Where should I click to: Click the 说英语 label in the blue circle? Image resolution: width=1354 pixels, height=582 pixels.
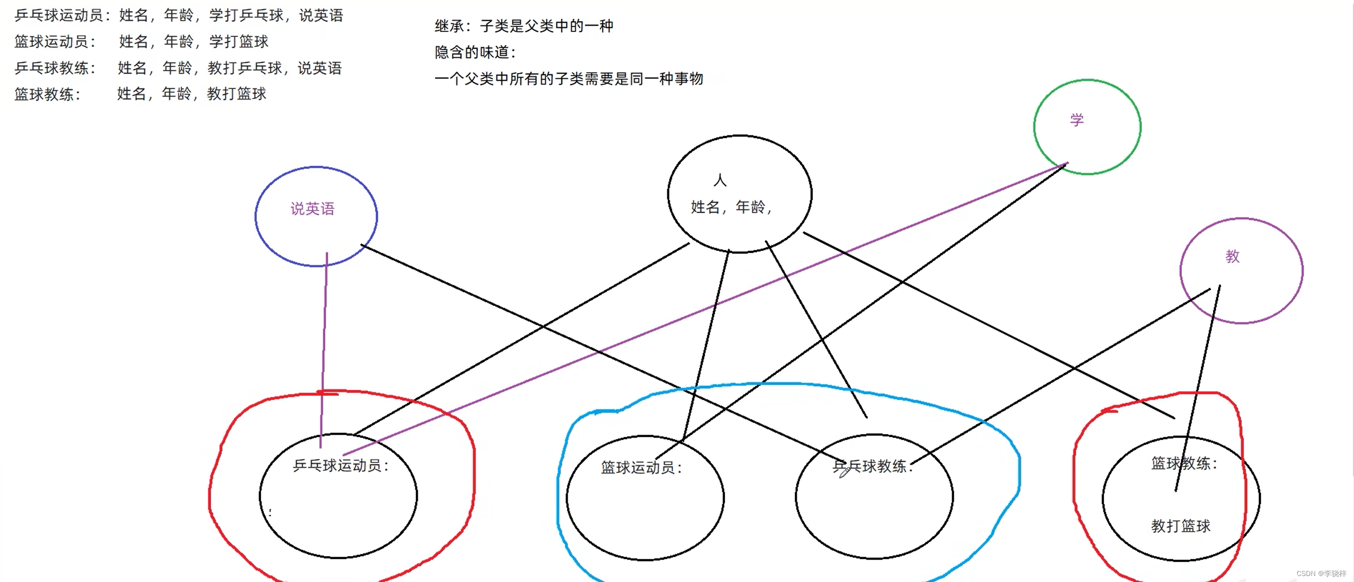(312, 209)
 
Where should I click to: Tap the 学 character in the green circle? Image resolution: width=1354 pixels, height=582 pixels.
(1077, 120)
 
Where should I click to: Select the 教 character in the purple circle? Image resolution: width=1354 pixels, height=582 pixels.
(1232, 256)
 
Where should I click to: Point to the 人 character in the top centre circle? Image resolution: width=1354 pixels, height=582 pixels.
(720, 181)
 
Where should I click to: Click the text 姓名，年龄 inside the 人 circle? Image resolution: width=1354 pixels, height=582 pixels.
(731, 207)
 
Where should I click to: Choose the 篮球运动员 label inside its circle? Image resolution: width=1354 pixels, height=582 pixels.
(641, 467)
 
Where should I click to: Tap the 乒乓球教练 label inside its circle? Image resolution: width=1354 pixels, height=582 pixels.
(872, 466)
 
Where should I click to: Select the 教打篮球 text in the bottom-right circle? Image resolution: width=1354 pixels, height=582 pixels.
(1181, 526)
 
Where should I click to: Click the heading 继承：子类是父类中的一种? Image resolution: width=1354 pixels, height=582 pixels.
(523, 26)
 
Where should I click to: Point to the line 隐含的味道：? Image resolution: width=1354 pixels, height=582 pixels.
(475, 52)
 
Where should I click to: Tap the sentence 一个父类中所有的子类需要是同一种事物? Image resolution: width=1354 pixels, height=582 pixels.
(569, 79)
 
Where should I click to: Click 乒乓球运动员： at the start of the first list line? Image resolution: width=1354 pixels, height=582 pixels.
(63, 15)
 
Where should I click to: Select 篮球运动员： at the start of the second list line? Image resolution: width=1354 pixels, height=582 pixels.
(55, 41)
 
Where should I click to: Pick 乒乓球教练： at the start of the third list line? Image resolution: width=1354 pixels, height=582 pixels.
(55, 68)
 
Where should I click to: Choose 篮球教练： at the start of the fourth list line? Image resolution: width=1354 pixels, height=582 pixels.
(48, 94)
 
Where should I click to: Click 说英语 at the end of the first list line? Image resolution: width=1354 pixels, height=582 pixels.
(321, 15)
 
